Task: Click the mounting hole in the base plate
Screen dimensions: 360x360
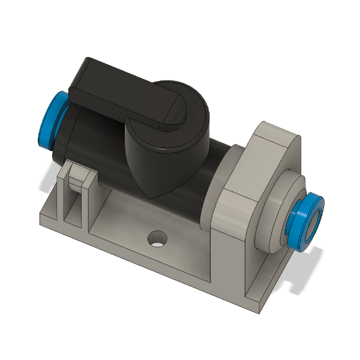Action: pyautogui.click(x=158, y=239)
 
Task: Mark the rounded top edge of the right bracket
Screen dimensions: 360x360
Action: pyautogui.click(x=276, y=129)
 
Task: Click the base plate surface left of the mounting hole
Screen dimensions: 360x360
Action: pyautogui.click(x=120, y=231)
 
